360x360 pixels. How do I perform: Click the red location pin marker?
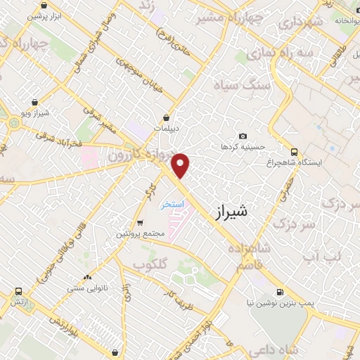[181, 165]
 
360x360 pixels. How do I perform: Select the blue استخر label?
[172, 204]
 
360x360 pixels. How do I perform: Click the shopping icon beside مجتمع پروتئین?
[141, 223]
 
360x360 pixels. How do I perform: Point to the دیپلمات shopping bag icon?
[167, 117]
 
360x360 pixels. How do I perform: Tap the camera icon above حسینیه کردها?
[243, 136]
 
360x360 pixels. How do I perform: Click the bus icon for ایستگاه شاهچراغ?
[294, 151]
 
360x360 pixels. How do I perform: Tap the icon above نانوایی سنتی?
[86, 277]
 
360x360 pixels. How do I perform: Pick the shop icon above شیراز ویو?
[34, 102]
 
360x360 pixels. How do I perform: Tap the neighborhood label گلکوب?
[150, 264]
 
